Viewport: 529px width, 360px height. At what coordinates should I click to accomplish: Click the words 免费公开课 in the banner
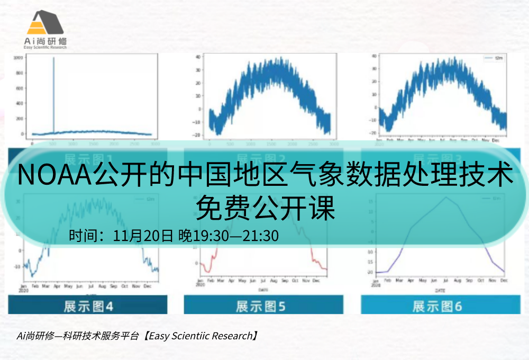coord(265,208)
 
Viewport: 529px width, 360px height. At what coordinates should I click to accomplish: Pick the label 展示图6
coord(437,306)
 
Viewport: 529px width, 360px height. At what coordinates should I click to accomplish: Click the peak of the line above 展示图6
coord(446,197)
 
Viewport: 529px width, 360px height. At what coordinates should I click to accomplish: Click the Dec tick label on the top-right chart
coord(496,141)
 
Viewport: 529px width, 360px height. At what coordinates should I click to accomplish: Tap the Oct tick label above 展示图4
coord(124,286)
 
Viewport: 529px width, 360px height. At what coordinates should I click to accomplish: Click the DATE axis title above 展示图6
coord(440,291)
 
